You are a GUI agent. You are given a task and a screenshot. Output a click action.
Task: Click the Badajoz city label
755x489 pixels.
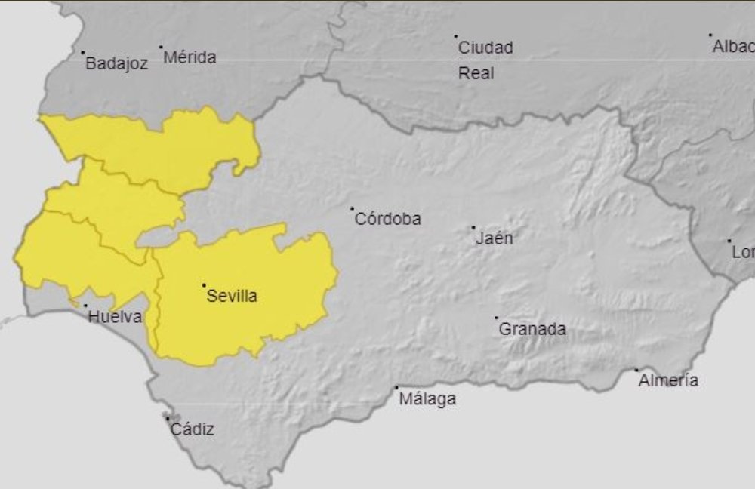(x=116, y=64)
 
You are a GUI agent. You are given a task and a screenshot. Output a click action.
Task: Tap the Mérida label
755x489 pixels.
(x=190, y=57)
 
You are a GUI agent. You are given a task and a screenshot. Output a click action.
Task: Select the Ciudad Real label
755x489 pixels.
(x=485, y=60)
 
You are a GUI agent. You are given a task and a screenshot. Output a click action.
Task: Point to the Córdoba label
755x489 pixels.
(x=387, y=220)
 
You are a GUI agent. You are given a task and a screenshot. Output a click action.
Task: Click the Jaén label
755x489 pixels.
(x=495, y=238)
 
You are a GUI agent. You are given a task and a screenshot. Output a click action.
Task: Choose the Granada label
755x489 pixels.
(x=532, y=329)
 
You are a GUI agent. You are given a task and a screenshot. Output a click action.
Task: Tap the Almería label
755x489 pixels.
(x=668, y=380)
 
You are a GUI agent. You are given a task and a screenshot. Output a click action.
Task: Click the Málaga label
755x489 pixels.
(x=427, y=399)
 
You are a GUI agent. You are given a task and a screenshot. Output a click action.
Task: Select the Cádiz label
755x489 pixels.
(x=192, y=429)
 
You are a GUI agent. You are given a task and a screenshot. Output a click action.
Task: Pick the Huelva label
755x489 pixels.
(x=115, y=317)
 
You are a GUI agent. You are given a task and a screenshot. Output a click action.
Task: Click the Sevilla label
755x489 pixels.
(x=232, y=296)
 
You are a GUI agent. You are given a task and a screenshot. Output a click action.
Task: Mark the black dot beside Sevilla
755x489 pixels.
(x=204, y=285)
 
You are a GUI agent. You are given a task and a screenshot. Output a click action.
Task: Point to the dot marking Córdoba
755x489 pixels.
(x=352, y=208)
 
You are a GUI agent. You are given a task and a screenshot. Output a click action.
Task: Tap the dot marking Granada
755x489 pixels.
(x=496, y=318)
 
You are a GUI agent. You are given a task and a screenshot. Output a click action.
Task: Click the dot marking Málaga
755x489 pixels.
(x=396, y=388)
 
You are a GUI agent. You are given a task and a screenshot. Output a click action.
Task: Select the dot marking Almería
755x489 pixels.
(x=636, y=370)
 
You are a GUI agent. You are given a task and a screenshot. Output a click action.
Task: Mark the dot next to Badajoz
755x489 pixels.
(x=83, y=53)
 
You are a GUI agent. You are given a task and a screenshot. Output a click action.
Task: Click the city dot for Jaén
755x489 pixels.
(x=473, y=227)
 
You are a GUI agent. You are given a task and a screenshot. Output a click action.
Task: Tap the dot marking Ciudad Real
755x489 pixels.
(x=456, y=36)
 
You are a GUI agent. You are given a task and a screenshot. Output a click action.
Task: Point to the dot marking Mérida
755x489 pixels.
(x=161, y=47)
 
